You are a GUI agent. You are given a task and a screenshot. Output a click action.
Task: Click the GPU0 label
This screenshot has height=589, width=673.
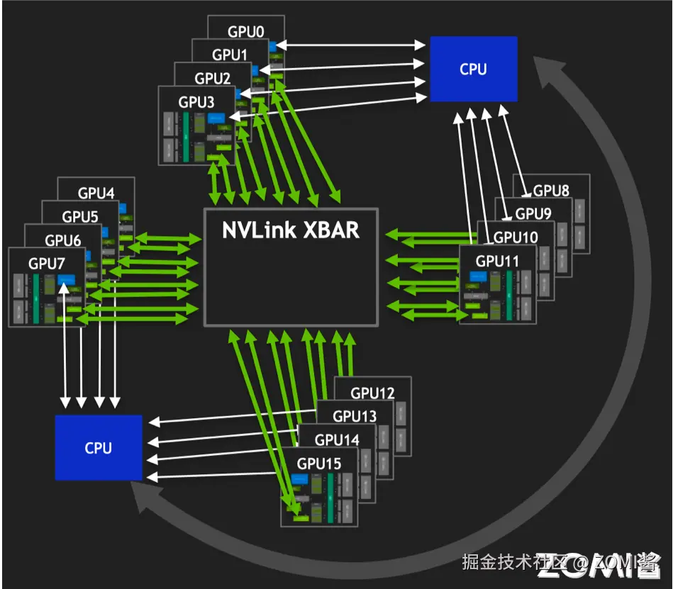pos(246,32)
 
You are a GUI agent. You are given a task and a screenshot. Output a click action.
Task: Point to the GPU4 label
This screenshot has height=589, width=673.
pos(96,193)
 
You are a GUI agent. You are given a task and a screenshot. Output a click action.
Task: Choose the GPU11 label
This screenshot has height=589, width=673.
pos(497,261)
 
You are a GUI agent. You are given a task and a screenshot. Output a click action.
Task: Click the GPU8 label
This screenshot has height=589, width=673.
pos(551,190)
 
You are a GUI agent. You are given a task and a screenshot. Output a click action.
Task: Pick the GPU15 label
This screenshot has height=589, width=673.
pos(319,464)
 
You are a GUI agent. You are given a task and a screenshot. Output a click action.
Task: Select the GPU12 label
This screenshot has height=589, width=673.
pos(373,393)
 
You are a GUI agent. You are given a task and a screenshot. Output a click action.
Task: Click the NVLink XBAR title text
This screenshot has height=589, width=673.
pos(291,231)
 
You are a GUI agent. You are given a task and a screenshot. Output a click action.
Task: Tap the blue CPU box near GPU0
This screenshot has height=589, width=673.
pos(473,69)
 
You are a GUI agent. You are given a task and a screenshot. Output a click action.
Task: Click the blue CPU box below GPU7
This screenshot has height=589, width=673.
pos(98,447)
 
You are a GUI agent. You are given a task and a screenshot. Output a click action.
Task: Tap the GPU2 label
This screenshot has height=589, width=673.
pos(213,78)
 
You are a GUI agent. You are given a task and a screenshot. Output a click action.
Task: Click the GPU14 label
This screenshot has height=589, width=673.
pos(337,440)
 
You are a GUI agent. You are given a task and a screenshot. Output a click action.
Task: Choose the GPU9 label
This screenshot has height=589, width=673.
pos(533,213)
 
